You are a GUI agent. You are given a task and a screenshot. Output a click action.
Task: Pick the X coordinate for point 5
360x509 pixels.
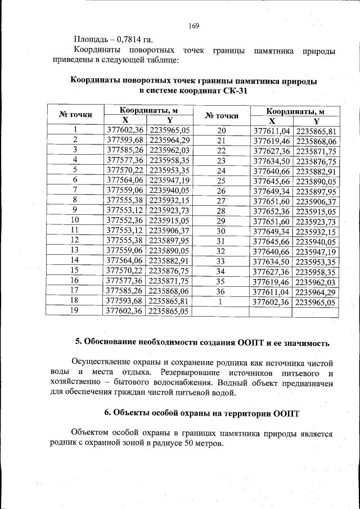(125, 170)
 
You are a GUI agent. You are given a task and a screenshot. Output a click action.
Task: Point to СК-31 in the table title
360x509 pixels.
(235, 91)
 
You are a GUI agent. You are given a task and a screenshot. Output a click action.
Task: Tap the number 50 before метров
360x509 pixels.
(190, 443)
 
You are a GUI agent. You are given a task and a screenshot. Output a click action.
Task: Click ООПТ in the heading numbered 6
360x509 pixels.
(287, 413)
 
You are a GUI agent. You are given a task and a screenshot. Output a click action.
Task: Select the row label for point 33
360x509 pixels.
(220, 262)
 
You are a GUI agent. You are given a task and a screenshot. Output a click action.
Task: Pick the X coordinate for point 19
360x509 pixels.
(125, 312)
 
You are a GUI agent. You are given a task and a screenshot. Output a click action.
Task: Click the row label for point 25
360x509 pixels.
(220, 180)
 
